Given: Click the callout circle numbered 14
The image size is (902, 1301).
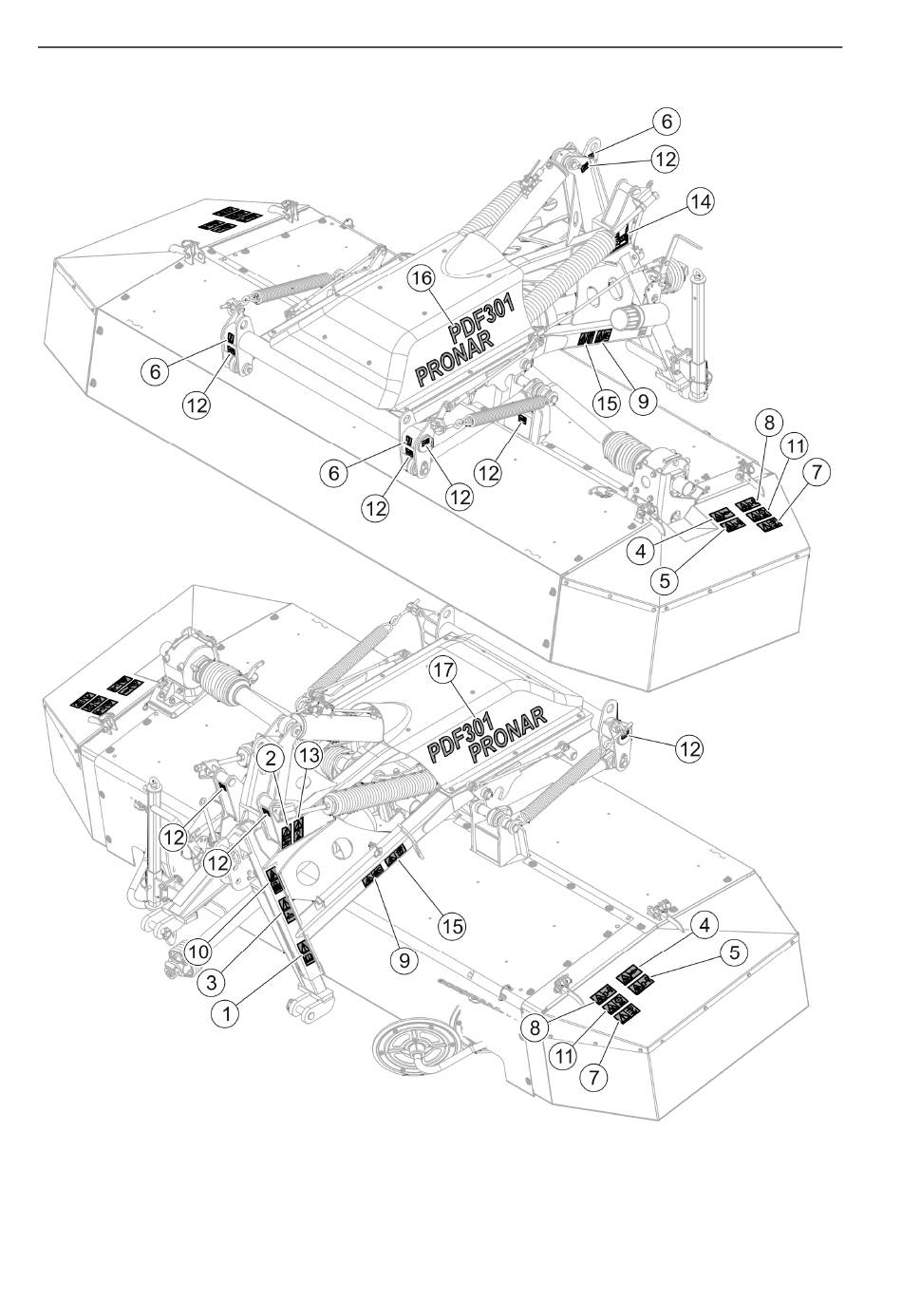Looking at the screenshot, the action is pyautogui.click(x=700, y=201).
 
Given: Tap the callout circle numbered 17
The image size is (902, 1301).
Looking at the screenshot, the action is pyautogui.click(x=442, y=670).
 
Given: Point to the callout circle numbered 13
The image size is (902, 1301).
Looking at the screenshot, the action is pyautogui.click(x=309, y=756).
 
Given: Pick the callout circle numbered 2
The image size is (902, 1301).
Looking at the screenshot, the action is pyautogui.click(x=270, y=758).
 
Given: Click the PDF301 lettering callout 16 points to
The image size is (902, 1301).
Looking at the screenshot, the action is pyautogui.click(x=481, y=322).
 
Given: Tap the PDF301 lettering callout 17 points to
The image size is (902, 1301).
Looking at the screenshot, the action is pyautogui.click(x=460, y=738).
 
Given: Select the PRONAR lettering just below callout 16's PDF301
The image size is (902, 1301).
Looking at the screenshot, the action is pyautogui.click(x=454, y=360).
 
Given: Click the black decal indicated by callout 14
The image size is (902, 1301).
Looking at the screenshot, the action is pyautogui.click(x=621, y=238).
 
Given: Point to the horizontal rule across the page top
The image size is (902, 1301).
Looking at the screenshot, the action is pyautogui.click(x=440, y=47).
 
